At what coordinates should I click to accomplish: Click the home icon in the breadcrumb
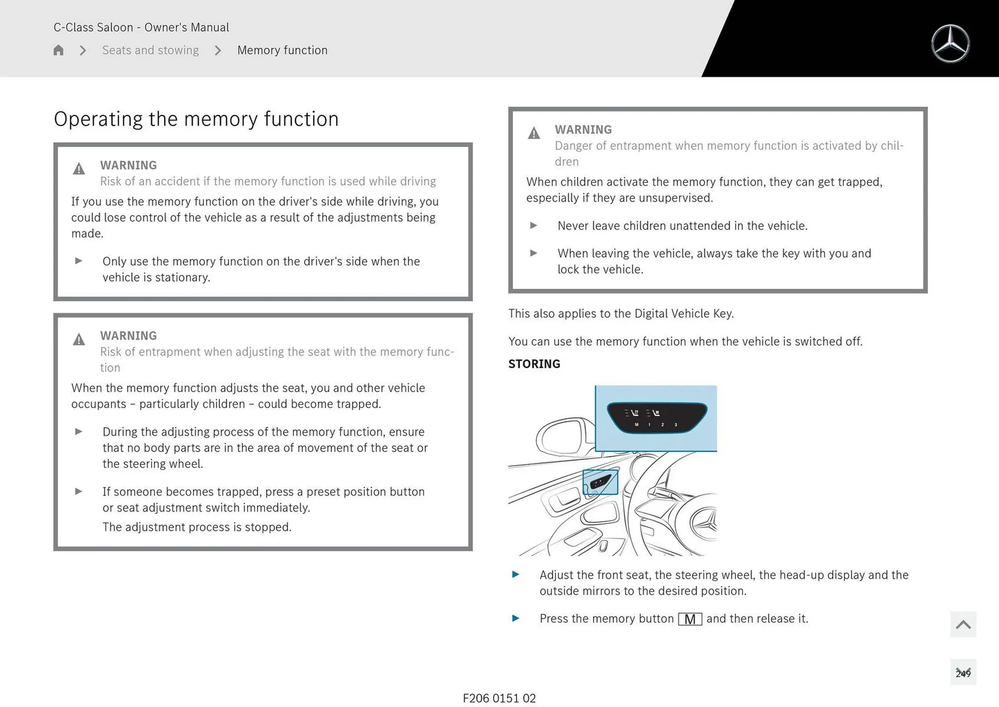pos(58,50)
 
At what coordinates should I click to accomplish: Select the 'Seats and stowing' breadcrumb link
pos(150,50)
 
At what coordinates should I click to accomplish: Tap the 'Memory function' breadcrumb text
pos(282,50)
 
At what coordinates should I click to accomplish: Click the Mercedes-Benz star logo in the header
pos(950,44)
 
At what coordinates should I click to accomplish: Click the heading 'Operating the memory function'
pos(196,119)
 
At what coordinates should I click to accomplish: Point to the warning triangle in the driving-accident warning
pos(79,169)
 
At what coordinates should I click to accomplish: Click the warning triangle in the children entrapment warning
pos(534,133)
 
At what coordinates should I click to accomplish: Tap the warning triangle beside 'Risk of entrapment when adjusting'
pos(79,339)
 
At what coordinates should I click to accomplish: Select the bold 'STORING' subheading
pos(534,364)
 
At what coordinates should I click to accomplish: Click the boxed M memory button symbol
pos(690,619)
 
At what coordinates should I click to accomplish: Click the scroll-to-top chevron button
pos(963,624)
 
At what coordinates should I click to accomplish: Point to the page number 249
pos(963,673)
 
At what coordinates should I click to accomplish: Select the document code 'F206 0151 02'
pos(499,698)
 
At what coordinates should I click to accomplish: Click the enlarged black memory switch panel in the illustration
pos(657,417)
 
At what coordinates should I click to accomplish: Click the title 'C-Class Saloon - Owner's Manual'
pos(141,27)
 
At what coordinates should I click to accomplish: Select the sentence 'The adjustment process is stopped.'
pos(197,527)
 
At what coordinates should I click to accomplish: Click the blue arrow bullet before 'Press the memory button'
pos(516,618)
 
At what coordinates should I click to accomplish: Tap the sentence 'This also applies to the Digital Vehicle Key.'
pos(621,313)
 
